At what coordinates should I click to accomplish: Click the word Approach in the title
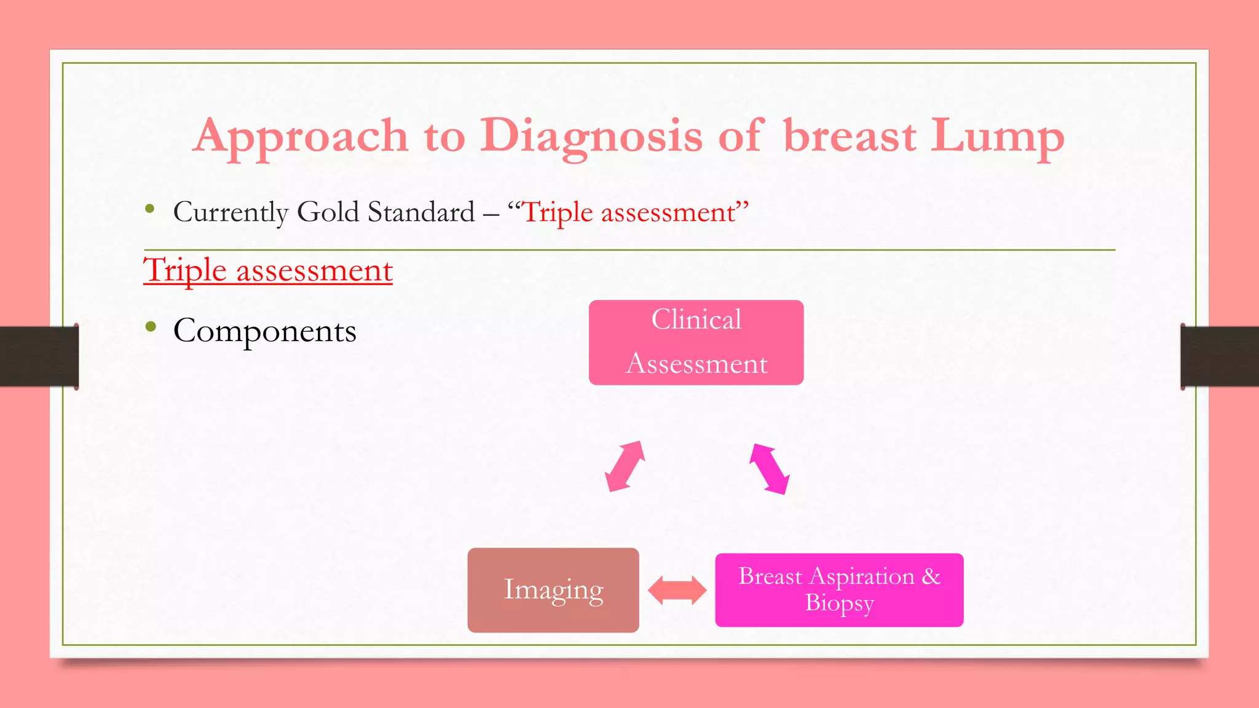tap(301, 136)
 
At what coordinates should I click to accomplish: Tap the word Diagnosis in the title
tap(591, 136)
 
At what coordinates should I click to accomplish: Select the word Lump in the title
tap(997, 136)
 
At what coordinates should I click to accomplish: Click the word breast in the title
tap(850, 136)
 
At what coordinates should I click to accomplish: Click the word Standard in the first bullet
tap(421, 212)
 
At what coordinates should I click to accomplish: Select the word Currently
tap(231, 212)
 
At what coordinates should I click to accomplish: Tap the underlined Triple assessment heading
tap(268, 270)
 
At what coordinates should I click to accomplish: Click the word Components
tap(264, 331)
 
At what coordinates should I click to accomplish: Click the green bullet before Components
tap(151, 327)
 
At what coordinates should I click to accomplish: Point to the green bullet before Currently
tap(149, 209)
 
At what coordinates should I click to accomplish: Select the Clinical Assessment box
tap(696, 342)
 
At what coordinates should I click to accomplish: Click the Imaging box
tap(553, 590)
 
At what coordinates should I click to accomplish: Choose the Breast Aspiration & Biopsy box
tap(839, 590)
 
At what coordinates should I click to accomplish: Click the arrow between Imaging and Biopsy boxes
tap(677, 591)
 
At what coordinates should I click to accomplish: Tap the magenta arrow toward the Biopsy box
tap(769, 469)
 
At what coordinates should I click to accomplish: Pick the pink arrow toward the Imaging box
tap(625, 466)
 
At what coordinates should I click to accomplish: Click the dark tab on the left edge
tap(39, 356)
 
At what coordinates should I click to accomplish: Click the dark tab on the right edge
tap(1220, 356)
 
